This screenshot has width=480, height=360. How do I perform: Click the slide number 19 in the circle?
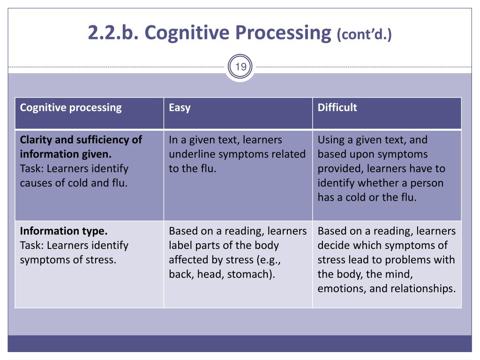point(240,67)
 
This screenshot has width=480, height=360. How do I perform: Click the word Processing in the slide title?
point(283,32)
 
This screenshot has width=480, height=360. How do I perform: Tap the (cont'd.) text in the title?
point(364,34)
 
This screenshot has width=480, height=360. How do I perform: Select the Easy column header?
point(180,108)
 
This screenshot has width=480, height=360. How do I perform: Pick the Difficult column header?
point(337,108)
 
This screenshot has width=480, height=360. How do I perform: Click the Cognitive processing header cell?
point(71,108)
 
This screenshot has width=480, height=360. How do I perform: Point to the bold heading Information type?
point(64,231)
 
